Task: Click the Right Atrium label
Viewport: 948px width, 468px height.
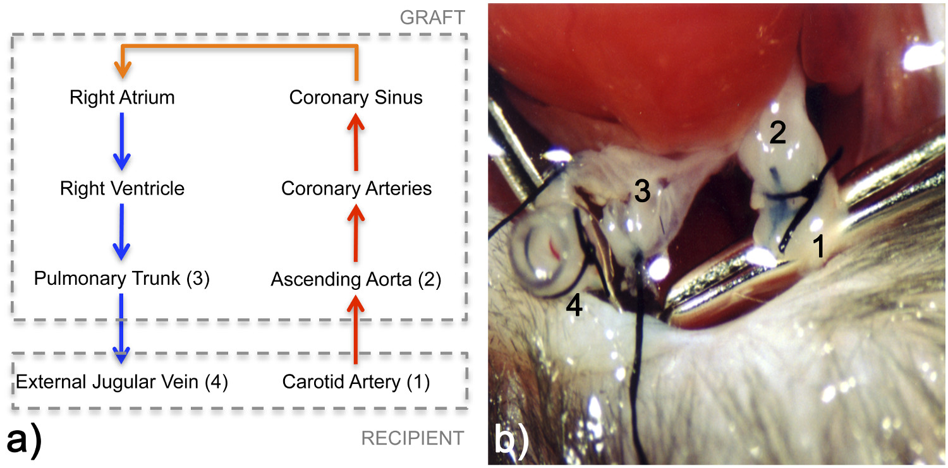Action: pos(122,98)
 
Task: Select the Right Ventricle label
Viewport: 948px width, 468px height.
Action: pos(122,188)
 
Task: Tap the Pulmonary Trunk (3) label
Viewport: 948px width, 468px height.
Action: pos(121,278)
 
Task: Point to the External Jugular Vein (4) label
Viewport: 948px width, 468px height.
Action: pos(121,382)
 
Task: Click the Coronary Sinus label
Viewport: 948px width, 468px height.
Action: pos(356,98)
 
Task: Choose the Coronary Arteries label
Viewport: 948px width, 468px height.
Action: pos(356,188)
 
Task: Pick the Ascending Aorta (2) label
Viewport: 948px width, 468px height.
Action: pos(356,279)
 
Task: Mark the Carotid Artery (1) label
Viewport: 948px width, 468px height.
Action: pos(356,382)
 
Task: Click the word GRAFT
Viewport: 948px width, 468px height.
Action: pos(432,18)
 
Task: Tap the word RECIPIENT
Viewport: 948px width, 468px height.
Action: pos(412,438)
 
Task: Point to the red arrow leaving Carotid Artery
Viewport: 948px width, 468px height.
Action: pos(356,332)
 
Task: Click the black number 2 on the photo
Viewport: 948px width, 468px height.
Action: pos(777,133)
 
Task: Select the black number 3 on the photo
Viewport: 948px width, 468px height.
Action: pos(642,191)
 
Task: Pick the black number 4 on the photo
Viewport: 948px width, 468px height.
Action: pos(573,307)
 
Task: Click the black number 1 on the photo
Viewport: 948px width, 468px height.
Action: pos(818,247)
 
